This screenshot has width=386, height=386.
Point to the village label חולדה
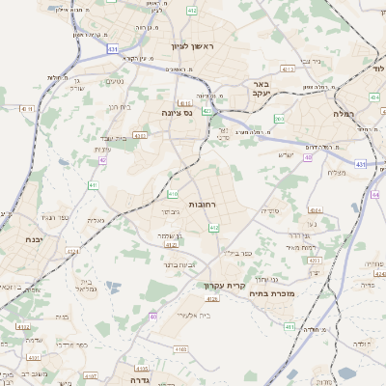[361, 344]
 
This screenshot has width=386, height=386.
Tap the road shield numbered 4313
[287, 69]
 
